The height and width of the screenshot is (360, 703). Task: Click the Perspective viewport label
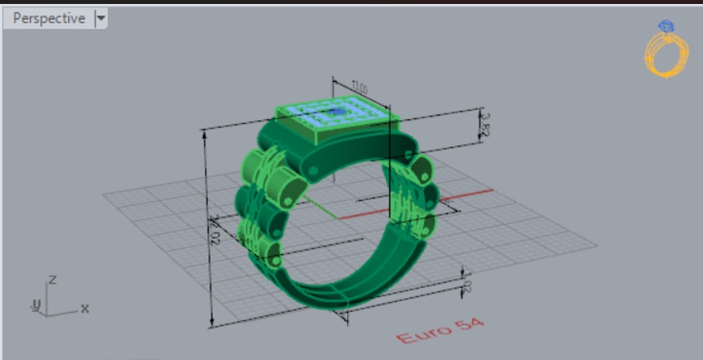48,18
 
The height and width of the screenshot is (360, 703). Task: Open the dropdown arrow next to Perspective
101,18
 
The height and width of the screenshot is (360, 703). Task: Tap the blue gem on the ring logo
666,27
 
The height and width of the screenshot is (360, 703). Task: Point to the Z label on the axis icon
52,280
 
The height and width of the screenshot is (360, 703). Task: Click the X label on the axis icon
84,308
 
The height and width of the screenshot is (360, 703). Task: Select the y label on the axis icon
35,304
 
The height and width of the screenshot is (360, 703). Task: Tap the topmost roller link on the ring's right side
422,168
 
